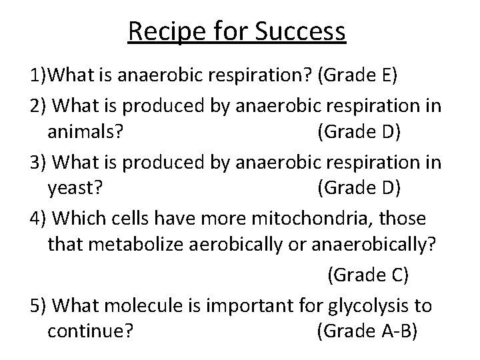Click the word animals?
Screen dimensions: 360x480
click(x=85, y=131)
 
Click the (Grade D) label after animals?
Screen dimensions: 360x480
click(x=359, y=131)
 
